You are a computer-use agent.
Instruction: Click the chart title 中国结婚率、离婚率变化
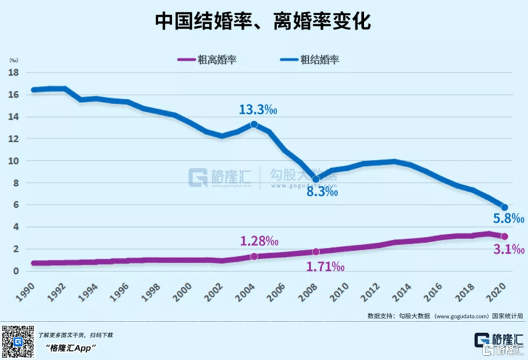(263, 21)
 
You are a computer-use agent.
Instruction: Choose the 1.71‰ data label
(325, 267)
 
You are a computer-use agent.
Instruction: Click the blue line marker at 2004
(254, 124)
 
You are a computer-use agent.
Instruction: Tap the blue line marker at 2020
(504, 207)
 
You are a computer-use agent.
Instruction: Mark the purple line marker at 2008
(316, 251)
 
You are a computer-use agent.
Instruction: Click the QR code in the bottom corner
(16, 341)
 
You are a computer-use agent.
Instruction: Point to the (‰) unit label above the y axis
(13, 60)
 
